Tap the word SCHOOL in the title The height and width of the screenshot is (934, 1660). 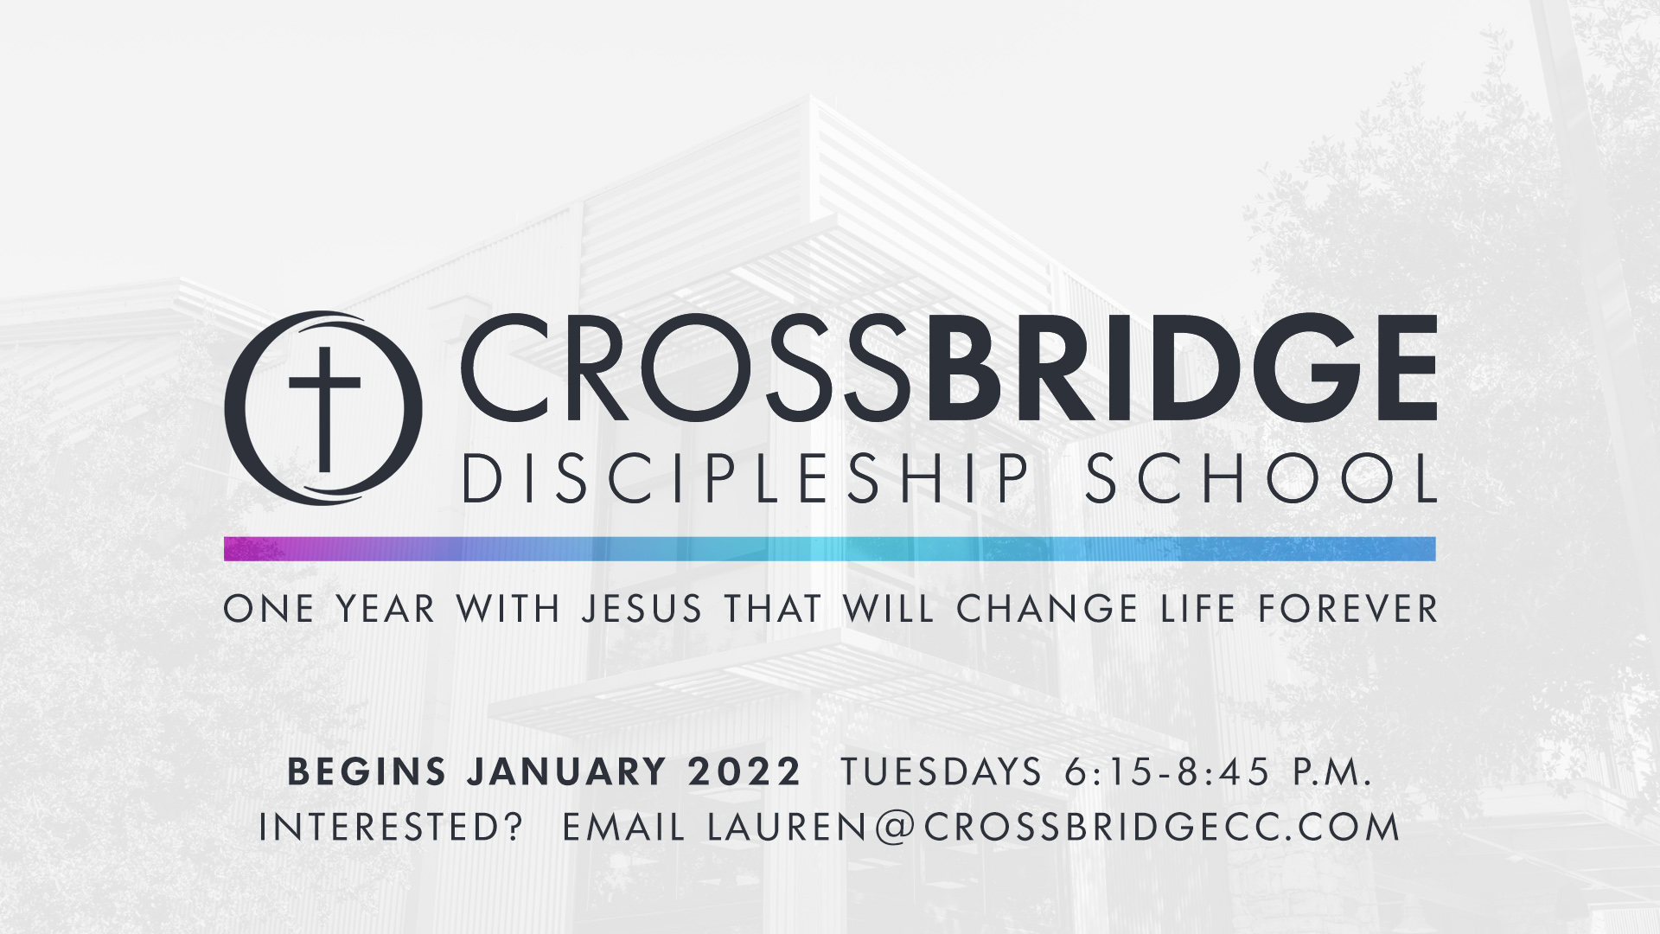pos(1261,478)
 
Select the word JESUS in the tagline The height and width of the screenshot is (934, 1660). pos(642,609)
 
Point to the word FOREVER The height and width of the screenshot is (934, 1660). pos(1347,609)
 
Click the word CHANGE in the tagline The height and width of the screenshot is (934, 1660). pos(1047,609)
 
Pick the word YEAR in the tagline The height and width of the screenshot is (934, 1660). pos(385,609)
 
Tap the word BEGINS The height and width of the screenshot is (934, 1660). pos(367,771)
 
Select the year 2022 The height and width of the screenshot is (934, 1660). pos(744,771)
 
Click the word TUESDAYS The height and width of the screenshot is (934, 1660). pos(942,771)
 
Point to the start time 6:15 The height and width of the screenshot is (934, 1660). pos(1108,771)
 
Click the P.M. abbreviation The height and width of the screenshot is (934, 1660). pos(1332,771)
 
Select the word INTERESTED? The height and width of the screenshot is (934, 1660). pos(392,828)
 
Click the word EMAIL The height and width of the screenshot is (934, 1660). pos(623,828)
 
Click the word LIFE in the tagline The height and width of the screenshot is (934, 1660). pos(1198,609)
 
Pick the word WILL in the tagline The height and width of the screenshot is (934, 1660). pos(889,609)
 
